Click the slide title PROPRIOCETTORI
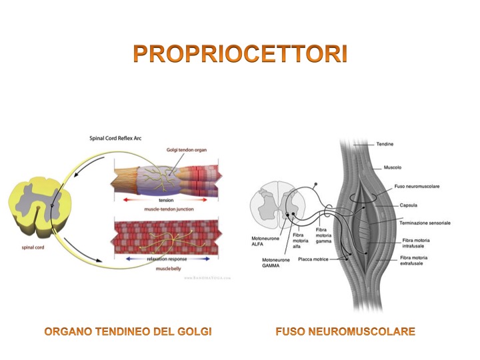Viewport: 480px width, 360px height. (240, 53)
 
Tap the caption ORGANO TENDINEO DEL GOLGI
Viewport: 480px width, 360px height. (127, 331)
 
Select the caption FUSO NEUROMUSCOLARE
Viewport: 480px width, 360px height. (345, 331)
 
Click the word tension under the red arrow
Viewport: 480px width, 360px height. (166, 201)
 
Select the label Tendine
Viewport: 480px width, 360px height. (385, 143)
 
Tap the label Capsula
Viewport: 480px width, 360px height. (409, 205)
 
